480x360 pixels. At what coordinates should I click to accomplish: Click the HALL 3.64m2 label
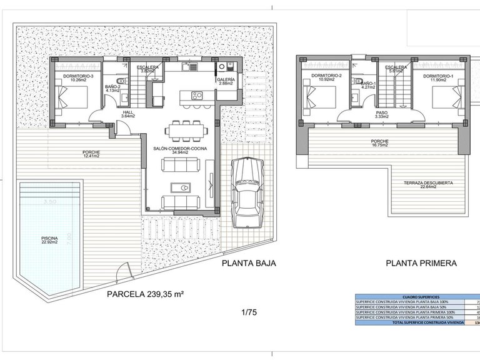tap(129, 114)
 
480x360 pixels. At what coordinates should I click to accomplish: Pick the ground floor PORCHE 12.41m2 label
tap(91, 154)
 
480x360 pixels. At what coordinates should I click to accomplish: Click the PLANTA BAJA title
tap(248, 264)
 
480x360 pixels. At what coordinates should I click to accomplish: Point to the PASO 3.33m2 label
tap(382, 114)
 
